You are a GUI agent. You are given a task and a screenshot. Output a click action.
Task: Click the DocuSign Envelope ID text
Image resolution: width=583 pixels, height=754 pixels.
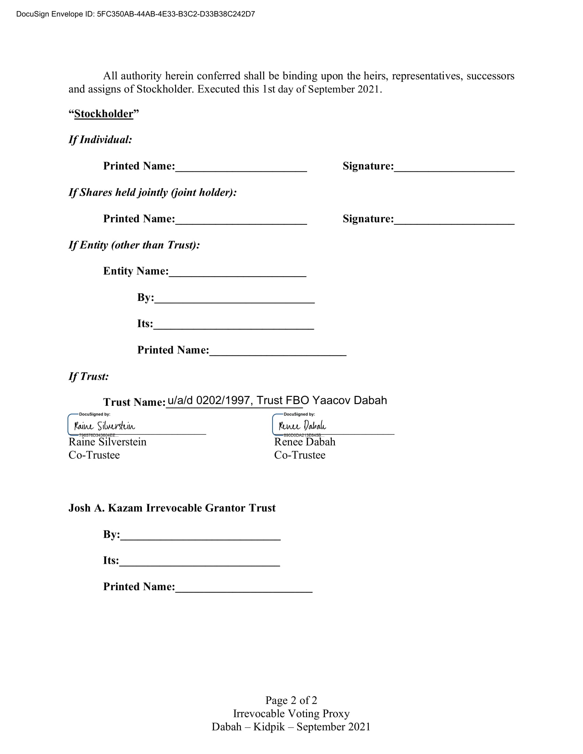[135, 14]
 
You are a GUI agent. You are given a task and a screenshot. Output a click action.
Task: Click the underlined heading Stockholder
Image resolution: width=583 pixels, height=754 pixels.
[104, 113]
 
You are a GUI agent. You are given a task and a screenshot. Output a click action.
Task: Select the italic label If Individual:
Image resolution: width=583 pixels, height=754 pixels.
[100, 139]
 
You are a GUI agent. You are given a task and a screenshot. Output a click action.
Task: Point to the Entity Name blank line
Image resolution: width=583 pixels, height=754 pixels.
[238, 272]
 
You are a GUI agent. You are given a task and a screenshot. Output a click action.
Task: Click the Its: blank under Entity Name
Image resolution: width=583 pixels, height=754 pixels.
[233, 325]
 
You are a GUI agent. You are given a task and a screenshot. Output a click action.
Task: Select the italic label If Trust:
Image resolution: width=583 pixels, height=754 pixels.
[89, 376]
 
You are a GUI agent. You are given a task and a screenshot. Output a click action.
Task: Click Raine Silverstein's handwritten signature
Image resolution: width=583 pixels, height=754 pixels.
[105, 426]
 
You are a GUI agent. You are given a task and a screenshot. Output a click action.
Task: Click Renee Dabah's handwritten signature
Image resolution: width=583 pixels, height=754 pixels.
[302, 426]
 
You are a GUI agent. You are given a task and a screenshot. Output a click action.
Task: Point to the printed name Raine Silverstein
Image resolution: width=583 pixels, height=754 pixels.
[107, 442]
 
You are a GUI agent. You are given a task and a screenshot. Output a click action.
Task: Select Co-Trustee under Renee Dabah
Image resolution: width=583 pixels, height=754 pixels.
[300, 455]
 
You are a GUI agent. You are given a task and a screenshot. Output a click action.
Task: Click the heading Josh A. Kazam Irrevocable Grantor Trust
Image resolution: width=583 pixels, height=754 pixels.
[172, 508]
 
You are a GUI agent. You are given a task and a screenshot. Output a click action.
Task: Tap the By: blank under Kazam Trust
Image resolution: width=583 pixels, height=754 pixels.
[200, 535]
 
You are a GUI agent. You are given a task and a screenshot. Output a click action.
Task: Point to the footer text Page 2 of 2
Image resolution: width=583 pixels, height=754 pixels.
[291, 700]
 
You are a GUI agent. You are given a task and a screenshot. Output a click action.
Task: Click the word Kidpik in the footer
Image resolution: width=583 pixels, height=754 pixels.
[269, 727]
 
